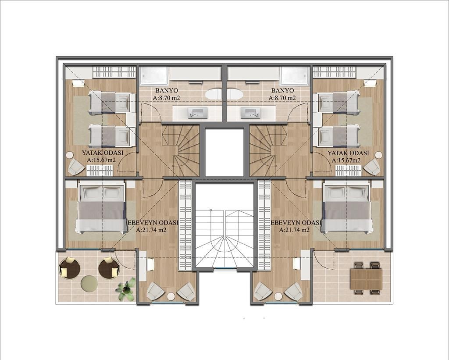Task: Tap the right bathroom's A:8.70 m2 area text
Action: click(x=282, y=98)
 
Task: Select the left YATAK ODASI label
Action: click(x=103, y=153)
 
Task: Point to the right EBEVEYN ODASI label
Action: click(x=296, y=223)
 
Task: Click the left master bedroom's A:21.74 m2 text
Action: click(x=151, y=230)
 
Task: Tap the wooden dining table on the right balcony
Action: click(x=366, y=278)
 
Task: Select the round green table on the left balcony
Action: click(x=89, y=284)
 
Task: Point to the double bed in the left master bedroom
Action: click(x=102, y=209)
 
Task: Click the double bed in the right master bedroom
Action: click(x=347, y=209)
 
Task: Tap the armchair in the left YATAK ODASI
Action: click(x=75, y=167)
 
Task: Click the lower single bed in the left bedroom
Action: click(x=109, y=135)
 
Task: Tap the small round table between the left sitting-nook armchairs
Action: click(x=171, y=296)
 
